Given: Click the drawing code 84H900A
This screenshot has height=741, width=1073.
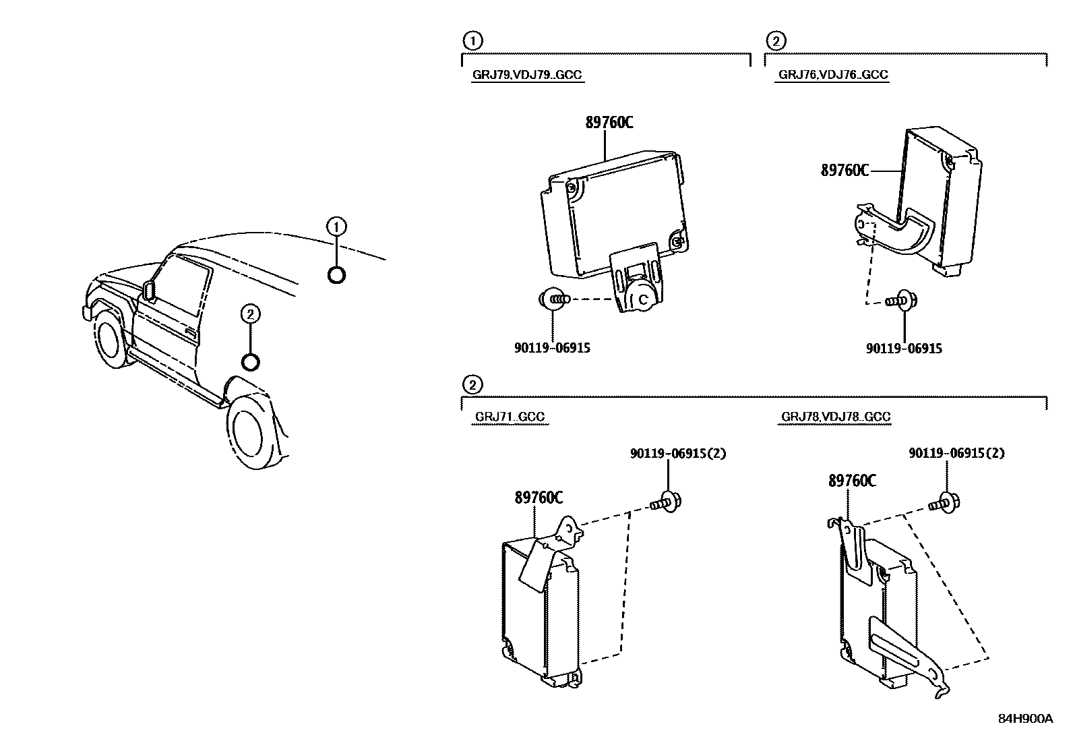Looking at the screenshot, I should [1025, 719].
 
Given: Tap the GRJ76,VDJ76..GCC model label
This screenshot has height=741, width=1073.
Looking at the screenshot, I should [833, 75].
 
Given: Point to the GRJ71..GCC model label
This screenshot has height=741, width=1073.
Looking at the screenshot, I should [510, 417].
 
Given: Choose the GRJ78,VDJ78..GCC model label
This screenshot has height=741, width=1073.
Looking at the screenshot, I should [836, 417].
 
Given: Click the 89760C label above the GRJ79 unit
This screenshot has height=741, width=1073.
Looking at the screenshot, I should [609, 123].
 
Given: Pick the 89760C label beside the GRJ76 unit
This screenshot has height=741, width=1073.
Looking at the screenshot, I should [845, 171].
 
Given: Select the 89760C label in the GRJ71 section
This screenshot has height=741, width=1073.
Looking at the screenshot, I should [539, 498].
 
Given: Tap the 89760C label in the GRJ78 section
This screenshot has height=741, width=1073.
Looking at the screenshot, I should [852, 481].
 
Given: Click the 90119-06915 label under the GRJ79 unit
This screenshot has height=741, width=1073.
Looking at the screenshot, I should [552, 348].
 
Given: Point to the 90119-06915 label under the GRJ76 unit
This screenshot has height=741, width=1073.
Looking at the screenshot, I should [904, 348].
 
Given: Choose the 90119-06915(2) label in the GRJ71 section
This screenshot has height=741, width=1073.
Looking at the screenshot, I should [678, 454].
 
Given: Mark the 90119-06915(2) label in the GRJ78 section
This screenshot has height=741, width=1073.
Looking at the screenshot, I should [956, 454].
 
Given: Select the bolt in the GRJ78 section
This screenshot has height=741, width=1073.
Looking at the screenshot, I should [945, 502].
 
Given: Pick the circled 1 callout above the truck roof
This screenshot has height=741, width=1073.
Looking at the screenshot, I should [337, 227].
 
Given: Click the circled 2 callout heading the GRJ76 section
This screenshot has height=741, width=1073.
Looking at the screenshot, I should [776, 41].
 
